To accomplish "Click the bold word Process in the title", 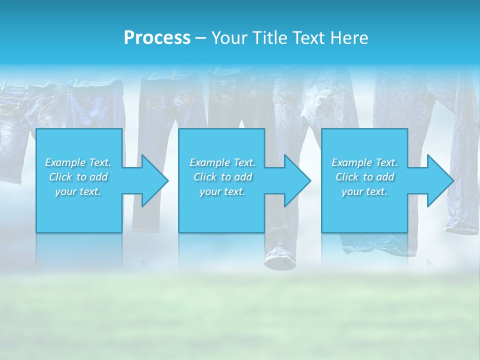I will tap(157, 38).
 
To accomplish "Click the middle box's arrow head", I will tap(297, 180).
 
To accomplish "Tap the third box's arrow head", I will tap(439, 180).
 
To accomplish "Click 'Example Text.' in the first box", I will tap(78, 162).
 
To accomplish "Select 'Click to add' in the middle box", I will tap(222, 177).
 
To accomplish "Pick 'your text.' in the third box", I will tap(364, 191).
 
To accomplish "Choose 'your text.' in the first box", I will tap(78, 191).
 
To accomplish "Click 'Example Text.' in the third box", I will tap(364, 162).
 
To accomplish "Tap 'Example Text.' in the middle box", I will tap(222, 162).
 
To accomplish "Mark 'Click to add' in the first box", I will tap(78, 177).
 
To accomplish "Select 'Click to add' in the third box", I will tap(364, 177).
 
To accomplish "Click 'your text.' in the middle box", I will tap(222, 191).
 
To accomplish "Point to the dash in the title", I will tap(200, 38).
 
